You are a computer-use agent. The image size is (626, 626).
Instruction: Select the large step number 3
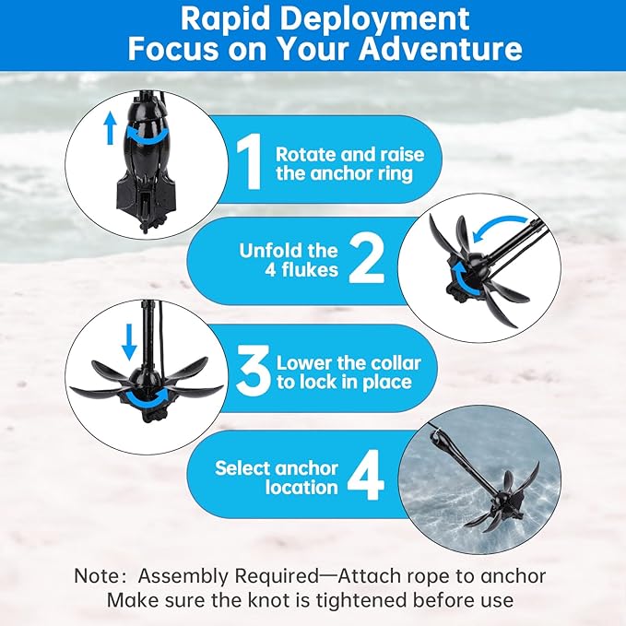(x=253, y=372)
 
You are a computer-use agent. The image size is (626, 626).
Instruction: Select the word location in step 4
(x=301, y=488)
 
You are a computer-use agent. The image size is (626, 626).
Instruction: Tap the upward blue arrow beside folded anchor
(x=111, y=128)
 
